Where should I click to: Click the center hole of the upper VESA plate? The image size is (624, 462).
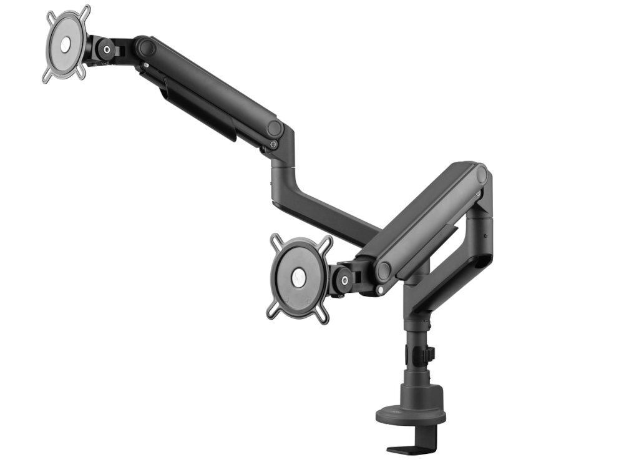66,44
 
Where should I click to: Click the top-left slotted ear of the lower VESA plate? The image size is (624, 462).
276,240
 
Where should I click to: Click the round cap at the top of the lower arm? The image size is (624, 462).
481,175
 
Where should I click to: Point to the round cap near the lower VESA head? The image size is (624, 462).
383,271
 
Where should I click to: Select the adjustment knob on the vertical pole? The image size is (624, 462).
430,354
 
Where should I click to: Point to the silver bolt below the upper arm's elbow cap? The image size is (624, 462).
273,145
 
